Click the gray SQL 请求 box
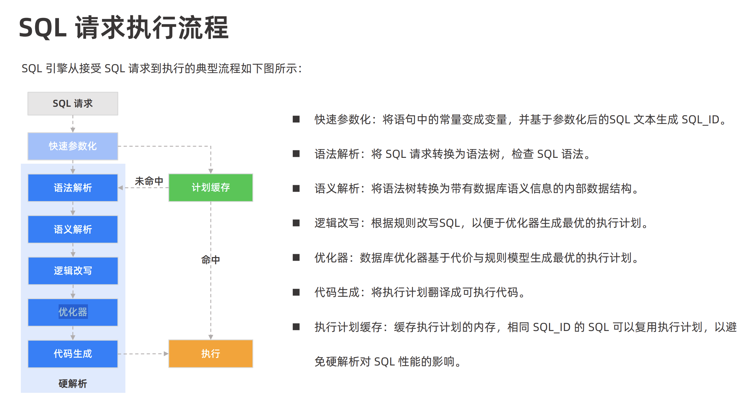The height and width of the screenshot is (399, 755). coord(73,103)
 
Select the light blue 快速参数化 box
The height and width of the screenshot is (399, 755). coord(73,146)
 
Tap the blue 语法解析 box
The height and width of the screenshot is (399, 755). coord(73,188)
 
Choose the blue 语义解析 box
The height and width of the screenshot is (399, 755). coord(73,229)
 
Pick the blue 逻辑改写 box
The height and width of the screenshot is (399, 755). coord(73,271)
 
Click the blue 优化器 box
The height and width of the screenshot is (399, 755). coord(73,312)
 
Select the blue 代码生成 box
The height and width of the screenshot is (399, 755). coord(73,354)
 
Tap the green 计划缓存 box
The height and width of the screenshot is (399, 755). coord(211,187)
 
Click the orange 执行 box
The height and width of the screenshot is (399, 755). coord(211,354)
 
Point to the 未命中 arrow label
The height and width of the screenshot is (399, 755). coord(149,181)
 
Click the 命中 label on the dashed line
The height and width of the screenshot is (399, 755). coord(210,260)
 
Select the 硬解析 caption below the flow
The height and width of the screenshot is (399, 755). coord(73,384)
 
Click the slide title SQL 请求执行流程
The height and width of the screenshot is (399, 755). coord(124,28)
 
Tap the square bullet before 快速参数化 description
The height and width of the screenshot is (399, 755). coord(296,119)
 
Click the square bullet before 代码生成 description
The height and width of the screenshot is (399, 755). coord(296,292)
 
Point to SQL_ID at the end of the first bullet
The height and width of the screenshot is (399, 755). coord(700,120)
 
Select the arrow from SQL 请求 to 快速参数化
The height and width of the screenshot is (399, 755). coord(73,124)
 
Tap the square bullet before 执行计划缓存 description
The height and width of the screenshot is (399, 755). coord(296,326)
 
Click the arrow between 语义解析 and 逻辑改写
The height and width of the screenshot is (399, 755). coord(73,250)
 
